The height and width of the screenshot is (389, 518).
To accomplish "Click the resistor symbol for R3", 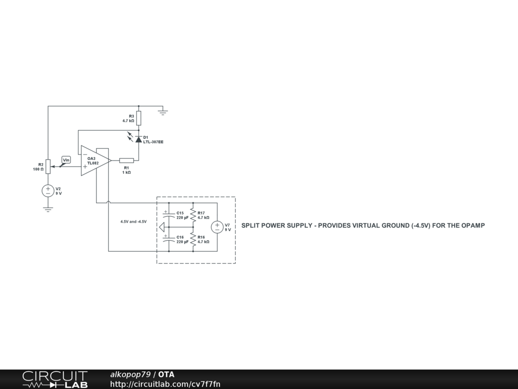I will pos(139,119).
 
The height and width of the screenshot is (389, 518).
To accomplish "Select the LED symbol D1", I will pos(139,139).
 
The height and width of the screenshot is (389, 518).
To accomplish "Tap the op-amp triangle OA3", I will pos(94,161).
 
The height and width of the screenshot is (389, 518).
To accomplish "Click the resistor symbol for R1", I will pos(126,161).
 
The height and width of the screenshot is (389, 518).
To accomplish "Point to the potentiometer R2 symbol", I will pos(48,167).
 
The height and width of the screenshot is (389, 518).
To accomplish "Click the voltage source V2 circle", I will pos(48,191).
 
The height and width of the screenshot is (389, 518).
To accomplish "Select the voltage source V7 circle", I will pos(217,227).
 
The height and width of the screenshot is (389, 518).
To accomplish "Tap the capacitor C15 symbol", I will pos(167,214).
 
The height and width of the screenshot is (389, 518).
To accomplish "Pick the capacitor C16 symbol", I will pos(167,239).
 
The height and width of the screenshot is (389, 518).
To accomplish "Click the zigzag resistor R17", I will pos(193,215).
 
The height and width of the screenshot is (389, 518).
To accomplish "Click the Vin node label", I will pos(66,160).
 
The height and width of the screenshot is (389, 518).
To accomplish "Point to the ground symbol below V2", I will pos(48,209).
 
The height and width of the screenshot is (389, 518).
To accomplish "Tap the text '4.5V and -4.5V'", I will pos(134,222).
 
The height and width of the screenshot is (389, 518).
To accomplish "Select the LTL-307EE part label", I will pos(153,142).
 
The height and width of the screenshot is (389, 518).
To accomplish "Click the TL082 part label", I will pos(93,163).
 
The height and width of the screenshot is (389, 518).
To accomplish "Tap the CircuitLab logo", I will pos(55,379).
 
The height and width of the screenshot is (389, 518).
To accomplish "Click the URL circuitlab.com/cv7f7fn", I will pos(165,384).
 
